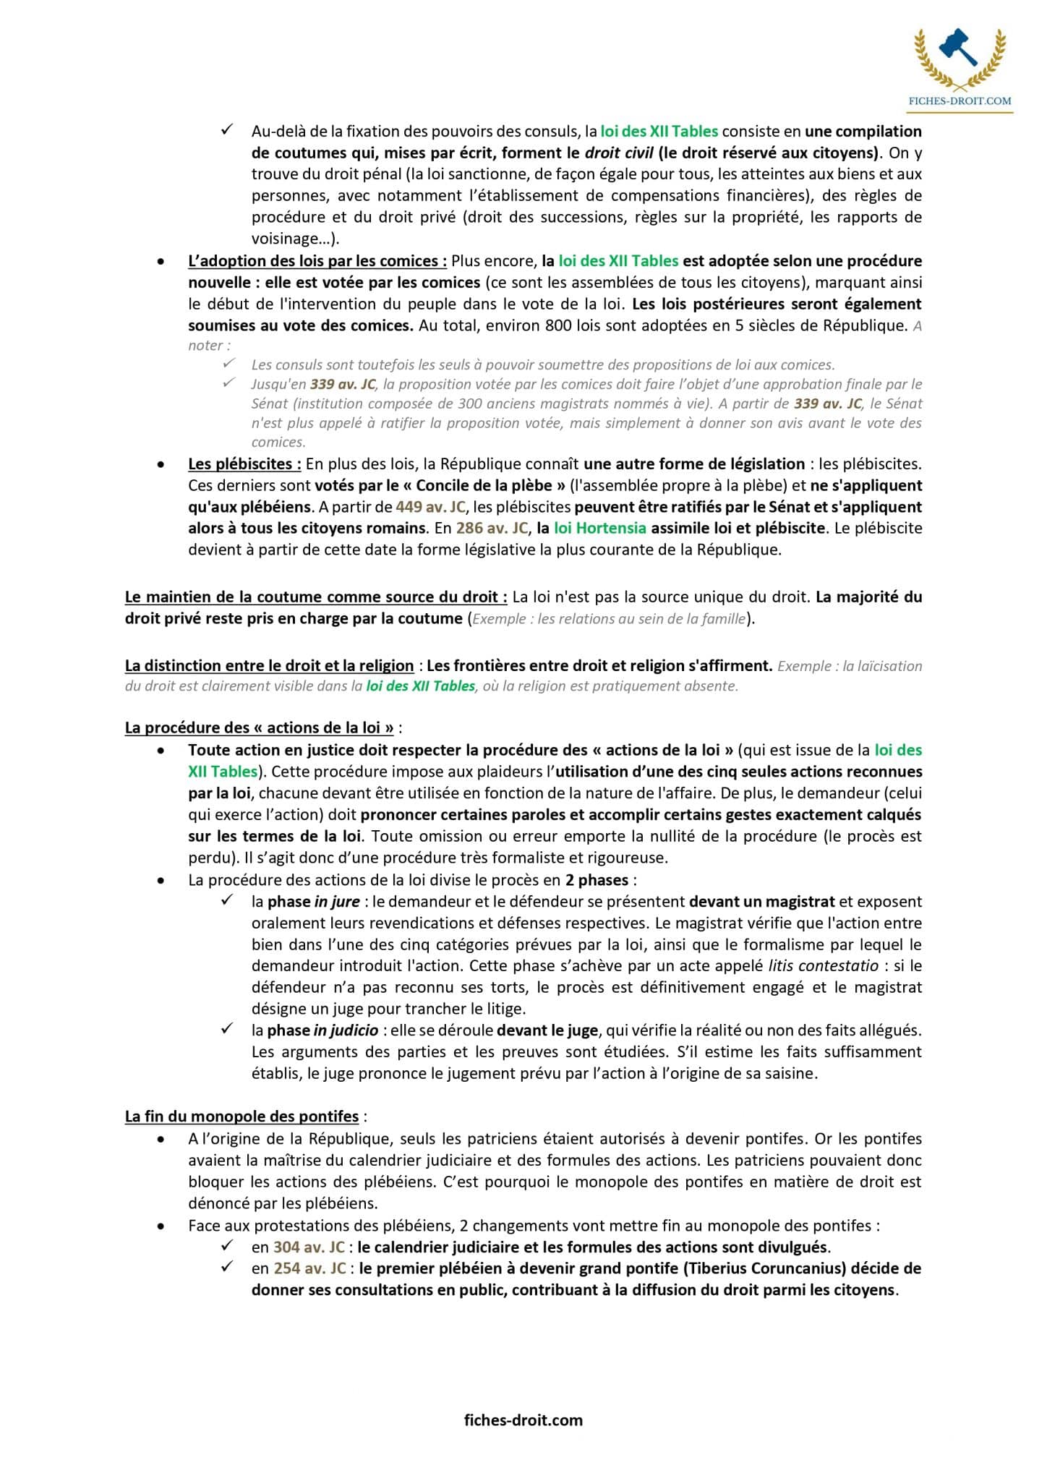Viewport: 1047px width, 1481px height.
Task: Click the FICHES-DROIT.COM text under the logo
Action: pos(960,101)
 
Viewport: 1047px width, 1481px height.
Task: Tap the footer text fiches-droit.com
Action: pos(523,1420)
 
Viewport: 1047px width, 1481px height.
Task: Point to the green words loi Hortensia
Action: pos(599,528)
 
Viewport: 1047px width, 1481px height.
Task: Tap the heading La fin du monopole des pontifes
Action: pos(242,1116)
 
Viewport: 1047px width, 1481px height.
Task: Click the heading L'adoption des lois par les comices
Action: pos(317,260)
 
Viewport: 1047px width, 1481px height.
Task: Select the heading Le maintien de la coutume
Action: pos(314,597)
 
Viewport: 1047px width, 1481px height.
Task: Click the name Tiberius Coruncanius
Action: pos(766,1268)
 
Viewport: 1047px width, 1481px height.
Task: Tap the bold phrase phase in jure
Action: pos(313,901)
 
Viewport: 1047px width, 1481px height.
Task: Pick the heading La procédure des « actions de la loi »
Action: pos(260,727)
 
